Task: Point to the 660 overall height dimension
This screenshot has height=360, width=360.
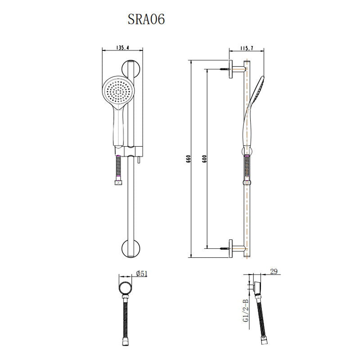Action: click(x=189, y=159)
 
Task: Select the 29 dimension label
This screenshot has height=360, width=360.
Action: click(x=274, y=272)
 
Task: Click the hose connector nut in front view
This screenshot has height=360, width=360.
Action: click(x=119, y=182)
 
